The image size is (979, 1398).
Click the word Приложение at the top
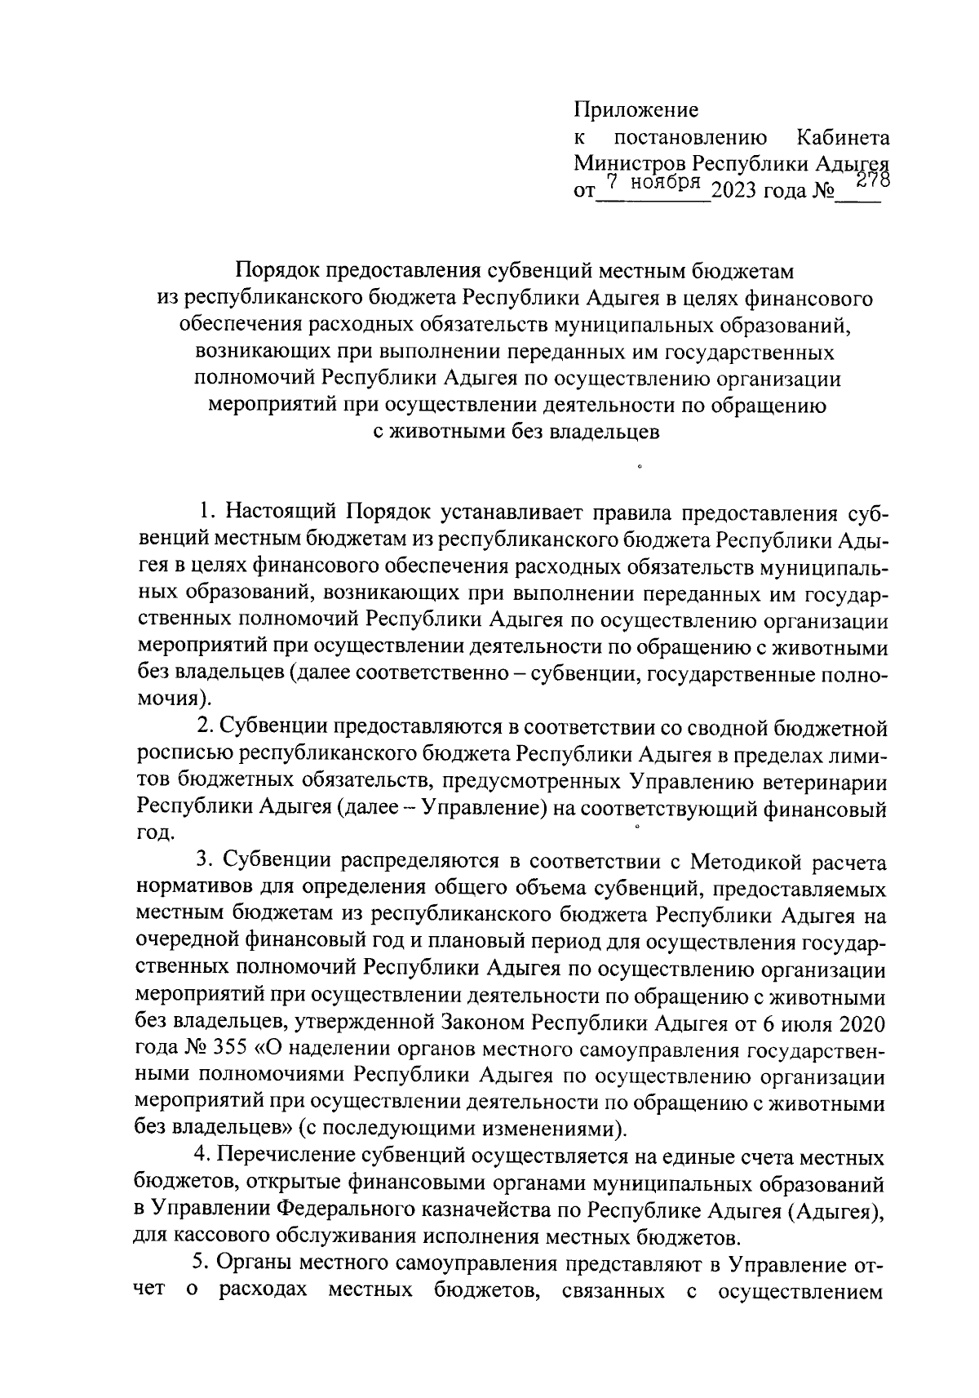636,109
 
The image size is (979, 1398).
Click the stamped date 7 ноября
653,183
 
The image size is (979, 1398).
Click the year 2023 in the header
735,193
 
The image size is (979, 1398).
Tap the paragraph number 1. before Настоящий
207,513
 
